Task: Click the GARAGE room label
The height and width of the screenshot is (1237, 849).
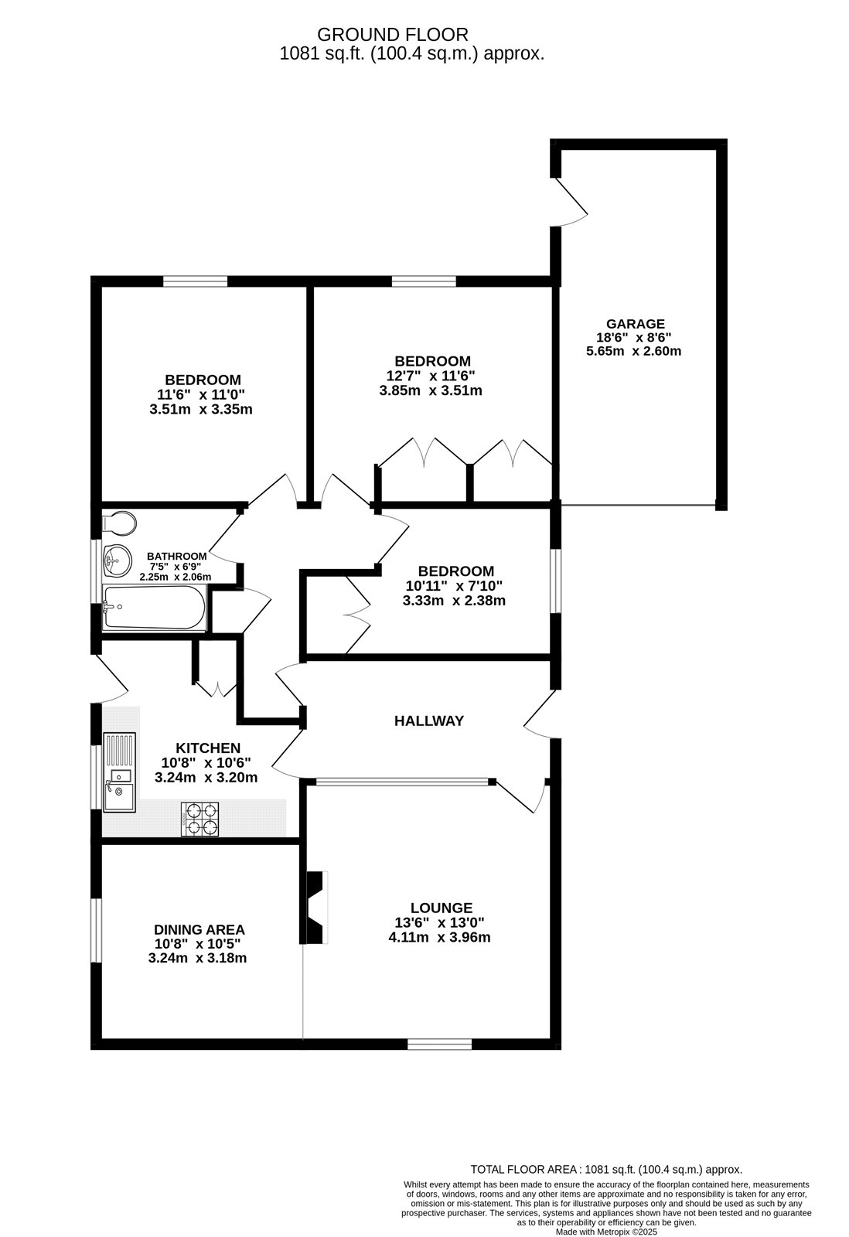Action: [635, 324]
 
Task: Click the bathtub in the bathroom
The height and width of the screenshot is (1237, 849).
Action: [155, 608]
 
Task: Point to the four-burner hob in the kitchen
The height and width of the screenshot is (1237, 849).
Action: [200, 819]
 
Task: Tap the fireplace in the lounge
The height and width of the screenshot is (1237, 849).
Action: [316, 907]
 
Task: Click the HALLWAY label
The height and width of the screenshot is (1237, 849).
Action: [429, 721]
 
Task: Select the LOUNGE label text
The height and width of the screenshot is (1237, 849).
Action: [441, 908]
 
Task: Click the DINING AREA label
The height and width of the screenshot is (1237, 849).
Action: [199, 929]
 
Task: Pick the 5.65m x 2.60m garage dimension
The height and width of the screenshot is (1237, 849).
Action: [633, 351]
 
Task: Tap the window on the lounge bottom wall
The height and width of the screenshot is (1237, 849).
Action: [439, 1044]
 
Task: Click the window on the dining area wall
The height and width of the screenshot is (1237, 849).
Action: [96, 930]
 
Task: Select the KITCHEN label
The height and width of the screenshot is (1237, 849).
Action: [208, 748]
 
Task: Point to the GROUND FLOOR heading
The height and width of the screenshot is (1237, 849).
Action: [393, 34]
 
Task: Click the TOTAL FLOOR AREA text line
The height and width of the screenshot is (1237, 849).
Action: [606, 1170]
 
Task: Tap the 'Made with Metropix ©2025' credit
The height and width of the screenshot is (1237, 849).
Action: [606, 1232]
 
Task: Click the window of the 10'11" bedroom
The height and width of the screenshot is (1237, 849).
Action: [555, 581]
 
